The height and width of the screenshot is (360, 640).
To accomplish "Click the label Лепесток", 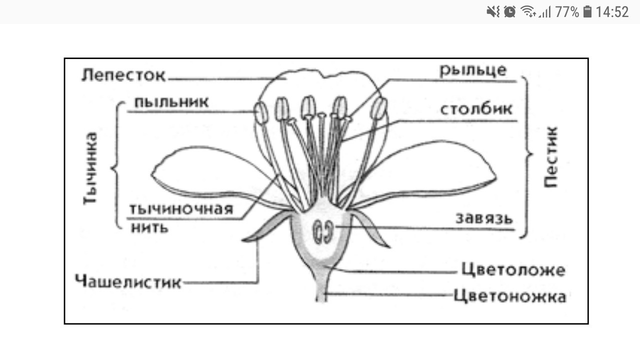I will click(123, 75).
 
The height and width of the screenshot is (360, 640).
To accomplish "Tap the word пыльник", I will click(171, 101).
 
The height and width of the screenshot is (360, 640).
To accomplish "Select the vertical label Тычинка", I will click(90, 168).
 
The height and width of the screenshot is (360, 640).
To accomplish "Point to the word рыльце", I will click(473, 70).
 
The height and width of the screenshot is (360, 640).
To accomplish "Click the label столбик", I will click(476, 109).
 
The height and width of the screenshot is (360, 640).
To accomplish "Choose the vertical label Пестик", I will click(550, 156).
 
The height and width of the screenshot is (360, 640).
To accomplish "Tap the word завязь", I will click(484, 218).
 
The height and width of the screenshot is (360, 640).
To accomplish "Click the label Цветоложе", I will click(513, 270).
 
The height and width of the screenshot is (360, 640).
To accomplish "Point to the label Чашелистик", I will click(128, 282).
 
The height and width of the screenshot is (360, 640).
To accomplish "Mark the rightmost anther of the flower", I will click(380, 107).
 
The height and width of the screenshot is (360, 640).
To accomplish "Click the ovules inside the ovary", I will click(323, 232).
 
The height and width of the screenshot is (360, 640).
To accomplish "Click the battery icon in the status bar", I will click(587, 11).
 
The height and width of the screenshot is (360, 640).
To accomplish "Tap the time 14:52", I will click(612, 11).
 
